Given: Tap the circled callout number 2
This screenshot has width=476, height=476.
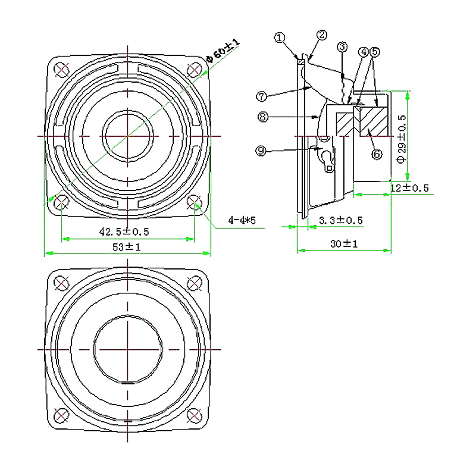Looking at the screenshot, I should pyautogui.click(x=322, y=35).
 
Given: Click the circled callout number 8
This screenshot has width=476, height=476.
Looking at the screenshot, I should pyautogui.click(x=263, y=117).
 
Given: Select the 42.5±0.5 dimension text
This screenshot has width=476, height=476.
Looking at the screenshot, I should pyautogui.click(x=124, y=231).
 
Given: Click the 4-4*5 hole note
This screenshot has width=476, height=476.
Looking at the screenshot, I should pyautogui.click(x=242, y=221).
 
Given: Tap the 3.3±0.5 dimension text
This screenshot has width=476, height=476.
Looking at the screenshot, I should pyautogui.click(x=341, y=220).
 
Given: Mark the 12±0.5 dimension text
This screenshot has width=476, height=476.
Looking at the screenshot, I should pyautogui.click(x=410, y=188).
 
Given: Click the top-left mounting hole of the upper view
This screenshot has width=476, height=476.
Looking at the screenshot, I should pyautogui.click(x=61, y=69).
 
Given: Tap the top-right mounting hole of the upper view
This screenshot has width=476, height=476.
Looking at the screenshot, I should pyautogui.click(x=194, y=69).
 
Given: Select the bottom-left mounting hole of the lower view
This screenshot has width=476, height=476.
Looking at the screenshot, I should pyautogui.click(x=61, y=414).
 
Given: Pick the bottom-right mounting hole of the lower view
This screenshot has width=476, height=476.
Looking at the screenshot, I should pyautogui.click(x=194, y=414).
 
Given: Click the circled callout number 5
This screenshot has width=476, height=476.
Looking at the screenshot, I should pyautogui.click(x=374, y=52).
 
